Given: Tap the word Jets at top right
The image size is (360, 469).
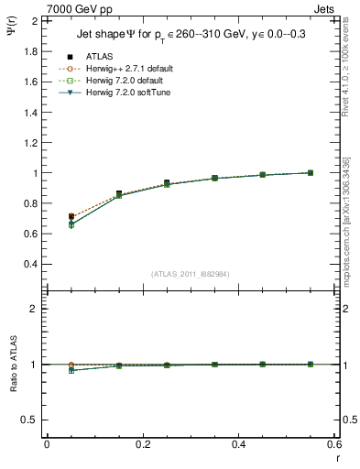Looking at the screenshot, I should [x=324, y=9].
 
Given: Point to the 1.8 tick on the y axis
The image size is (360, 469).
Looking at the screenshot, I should [x=31, y=51].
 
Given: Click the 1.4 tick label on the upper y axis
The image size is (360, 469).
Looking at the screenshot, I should [x=31, y=112].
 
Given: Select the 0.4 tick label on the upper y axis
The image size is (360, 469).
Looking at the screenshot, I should [x=31, y=264].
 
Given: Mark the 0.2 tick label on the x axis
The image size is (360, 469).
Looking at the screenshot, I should [x=142, y=444].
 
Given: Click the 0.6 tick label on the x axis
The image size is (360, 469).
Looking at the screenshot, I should [x=333, y=444].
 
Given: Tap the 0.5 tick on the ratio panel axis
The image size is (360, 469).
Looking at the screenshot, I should [x=31, y=420].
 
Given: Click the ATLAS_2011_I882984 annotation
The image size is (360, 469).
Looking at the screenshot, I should [x=191, y=272].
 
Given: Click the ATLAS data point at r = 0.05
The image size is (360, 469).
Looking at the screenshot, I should [x=71, y=217].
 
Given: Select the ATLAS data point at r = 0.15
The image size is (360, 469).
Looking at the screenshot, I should [x=119, y=193].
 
